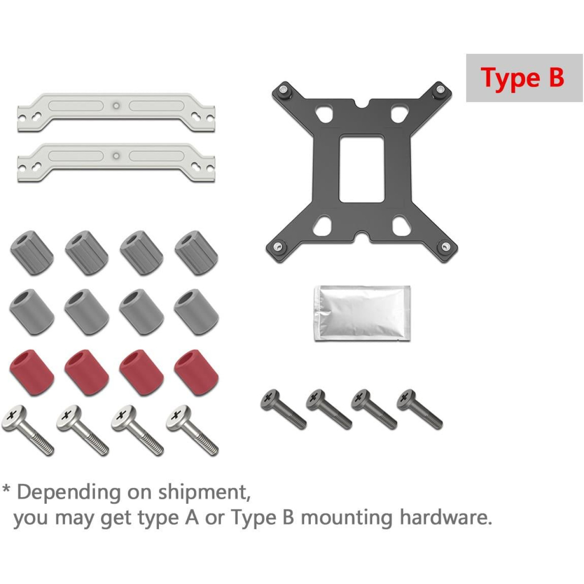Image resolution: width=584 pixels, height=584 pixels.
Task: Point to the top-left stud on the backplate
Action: (x=284, y=90)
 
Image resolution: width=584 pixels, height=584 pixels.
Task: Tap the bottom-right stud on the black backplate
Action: (x=444, y=247)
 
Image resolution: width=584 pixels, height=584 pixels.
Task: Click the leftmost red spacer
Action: (x=32, y=373)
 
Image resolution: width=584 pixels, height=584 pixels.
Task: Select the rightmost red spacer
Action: (x=196, y=373)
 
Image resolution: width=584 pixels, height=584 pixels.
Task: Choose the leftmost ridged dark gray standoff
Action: (x=32, y=253)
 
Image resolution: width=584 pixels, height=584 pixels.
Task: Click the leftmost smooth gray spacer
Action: (x=32, y=312)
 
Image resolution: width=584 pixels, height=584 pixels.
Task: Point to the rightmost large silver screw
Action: (x=192, y=430)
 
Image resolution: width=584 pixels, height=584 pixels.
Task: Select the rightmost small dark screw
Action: (x=420, y=409)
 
